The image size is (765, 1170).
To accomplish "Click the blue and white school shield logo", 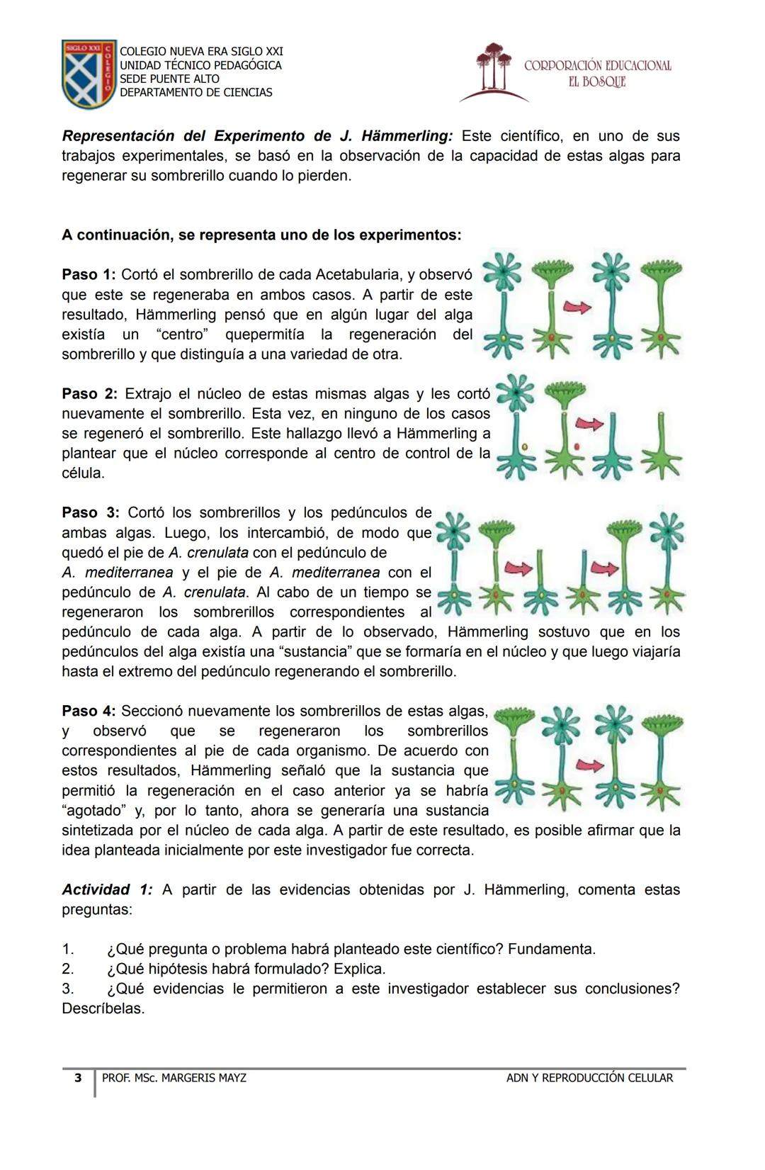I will (x=89, y=73).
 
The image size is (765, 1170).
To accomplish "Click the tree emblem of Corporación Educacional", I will (x=494, y=70).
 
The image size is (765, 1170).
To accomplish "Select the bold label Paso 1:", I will (x=89, y=274).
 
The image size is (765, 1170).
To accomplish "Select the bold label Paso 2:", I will (x=90, y=393).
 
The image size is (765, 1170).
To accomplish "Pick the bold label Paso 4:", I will (x=89, y=711).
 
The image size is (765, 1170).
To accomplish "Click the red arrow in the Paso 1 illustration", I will (x=577, y=307).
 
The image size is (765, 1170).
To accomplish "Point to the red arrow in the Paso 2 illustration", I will (x=589, y=424).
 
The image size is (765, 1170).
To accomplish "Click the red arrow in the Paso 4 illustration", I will (x=590, y=765).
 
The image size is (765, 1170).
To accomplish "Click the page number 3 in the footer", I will (x=78, y=1078).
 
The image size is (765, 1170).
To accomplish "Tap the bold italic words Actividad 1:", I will (x=107, y=889).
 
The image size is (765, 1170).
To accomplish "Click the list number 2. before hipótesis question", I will (x=68, y=969).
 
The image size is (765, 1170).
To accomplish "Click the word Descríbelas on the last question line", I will (x=103, y=1008).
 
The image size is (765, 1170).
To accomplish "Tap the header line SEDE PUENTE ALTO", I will (x=169, y=79).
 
